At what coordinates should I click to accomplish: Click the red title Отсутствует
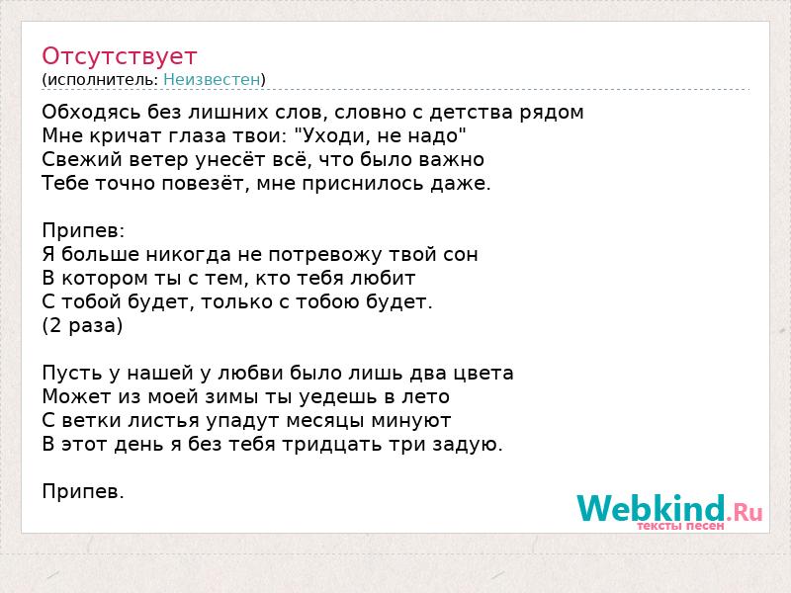pyautogui.click(x=119, y=56)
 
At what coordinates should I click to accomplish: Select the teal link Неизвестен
pyautogui.click(x=212, y=79)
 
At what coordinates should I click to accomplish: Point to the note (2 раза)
pyautogui.click(x=82, y=326)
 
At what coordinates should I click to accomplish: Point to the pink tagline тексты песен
pyautogui.click(x=680, y=526)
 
